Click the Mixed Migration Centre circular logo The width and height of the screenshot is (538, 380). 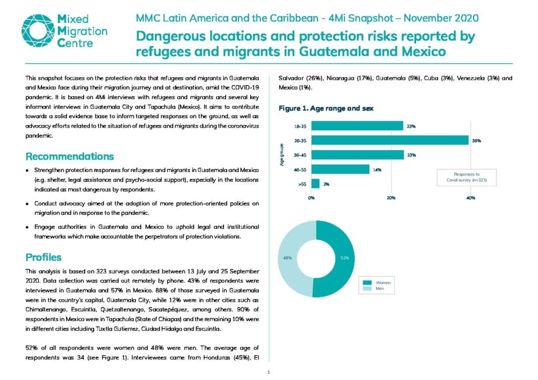tap(38, 30)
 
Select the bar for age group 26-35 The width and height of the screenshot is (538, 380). tap(390, 140)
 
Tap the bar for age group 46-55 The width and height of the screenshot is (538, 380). tap(340, 170)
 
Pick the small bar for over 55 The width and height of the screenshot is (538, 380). tap(315, 184)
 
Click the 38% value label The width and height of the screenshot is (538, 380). tap(477, 141)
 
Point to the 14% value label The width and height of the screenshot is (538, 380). tap(377, 170)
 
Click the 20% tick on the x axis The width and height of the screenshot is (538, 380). tap(391, 198)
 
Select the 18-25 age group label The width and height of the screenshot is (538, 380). tap(300, 126)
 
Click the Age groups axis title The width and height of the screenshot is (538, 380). tap(282, 155)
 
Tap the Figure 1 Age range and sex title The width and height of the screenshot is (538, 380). tap(326, 108)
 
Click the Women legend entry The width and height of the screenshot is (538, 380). tap(377, 283)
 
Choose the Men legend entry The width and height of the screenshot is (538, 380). tap(374, 289)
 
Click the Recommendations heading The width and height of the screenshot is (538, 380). tap(70, 156)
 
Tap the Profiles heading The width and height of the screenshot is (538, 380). tap(44, 257)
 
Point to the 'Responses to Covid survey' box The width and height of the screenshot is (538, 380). tap(467, 177)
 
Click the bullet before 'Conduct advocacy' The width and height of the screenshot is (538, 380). tap(27, 204)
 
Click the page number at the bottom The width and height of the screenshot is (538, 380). tap(268, 372)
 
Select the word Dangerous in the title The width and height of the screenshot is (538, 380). tap(171, 36)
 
